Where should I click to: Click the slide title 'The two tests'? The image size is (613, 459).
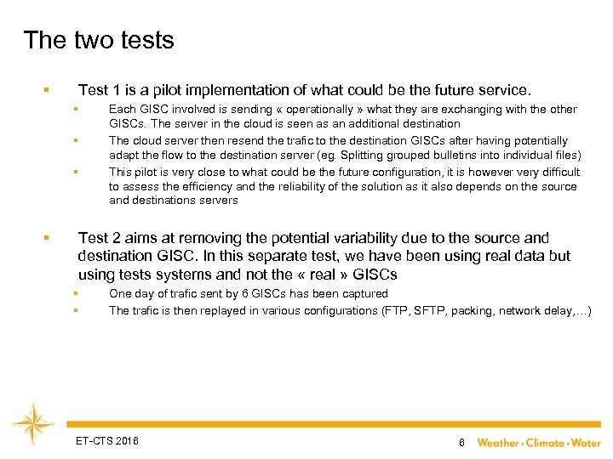(99, 40)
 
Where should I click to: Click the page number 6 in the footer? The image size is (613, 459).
(461, 442)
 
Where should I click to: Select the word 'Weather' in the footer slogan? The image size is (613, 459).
(498, 442)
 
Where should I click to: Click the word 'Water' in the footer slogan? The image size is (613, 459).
(585, 442)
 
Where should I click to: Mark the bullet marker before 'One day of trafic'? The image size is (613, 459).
(75, 294)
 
